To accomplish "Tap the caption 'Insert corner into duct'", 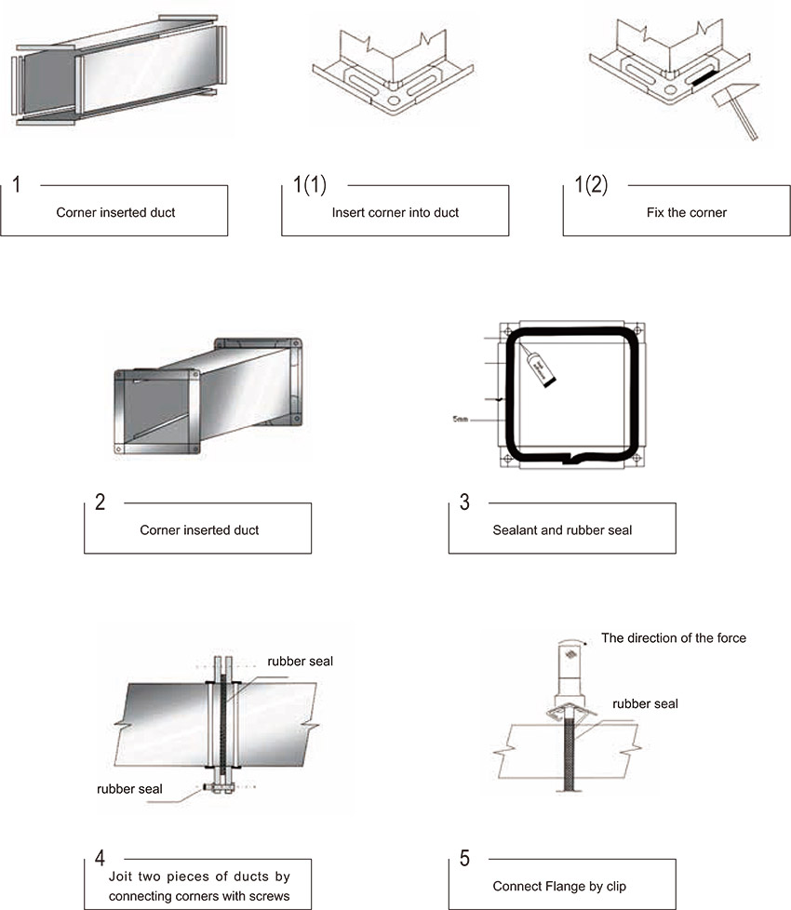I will click(x=395, y=212).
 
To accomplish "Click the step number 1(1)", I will click(x=309, y=184).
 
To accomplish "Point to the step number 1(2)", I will click(x=590, y=184).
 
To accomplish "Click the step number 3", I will click(x=464, y=502).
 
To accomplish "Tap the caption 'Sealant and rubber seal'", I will click(x=562, y=530).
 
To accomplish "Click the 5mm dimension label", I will click(x=460, y=420).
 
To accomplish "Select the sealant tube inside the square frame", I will click(x=537, y=366).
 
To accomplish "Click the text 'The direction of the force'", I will click(x=674, y=638).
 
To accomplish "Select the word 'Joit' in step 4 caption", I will click(x=111, y=877).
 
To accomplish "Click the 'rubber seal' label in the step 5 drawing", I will click(x=645, y=703).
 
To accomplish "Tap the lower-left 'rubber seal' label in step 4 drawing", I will click(x=129, y=789).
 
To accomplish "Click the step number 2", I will click(x=101, y=502).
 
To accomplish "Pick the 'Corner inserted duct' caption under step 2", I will click(x=199, y=530).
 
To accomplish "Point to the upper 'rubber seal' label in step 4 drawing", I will click(x=300, y=662).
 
